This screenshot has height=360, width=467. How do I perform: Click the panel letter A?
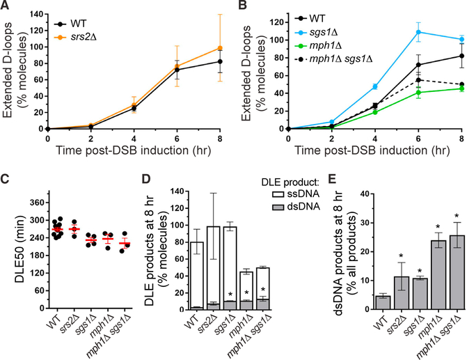click(6, 7)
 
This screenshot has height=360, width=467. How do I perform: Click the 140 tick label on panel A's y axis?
click(34, 13)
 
